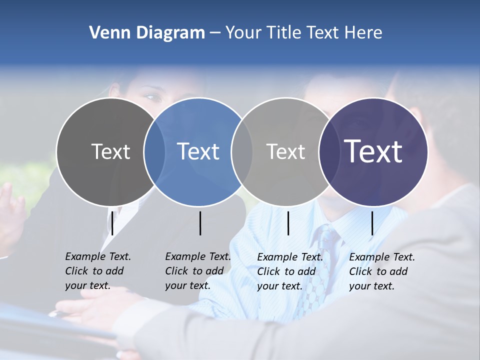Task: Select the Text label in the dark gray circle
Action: point(110,151)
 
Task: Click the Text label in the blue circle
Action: point(198,151)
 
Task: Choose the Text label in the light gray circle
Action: point(285,151)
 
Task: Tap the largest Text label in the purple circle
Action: point(373,151)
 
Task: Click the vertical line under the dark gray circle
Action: point(112,223)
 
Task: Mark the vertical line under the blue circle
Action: point(200,223)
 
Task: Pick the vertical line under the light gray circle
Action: point(288,223)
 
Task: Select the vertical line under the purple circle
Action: point(372,223)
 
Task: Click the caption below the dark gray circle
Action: point(97,271)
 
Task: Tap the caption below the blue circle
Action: point(197,271)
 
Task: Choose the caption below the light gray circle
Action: point(289,271)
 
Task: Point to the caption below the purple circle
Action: point(381,271)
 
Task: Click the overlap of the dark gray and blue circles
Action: point(154,151)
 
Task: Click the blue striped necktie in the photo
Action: point(320,270)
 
